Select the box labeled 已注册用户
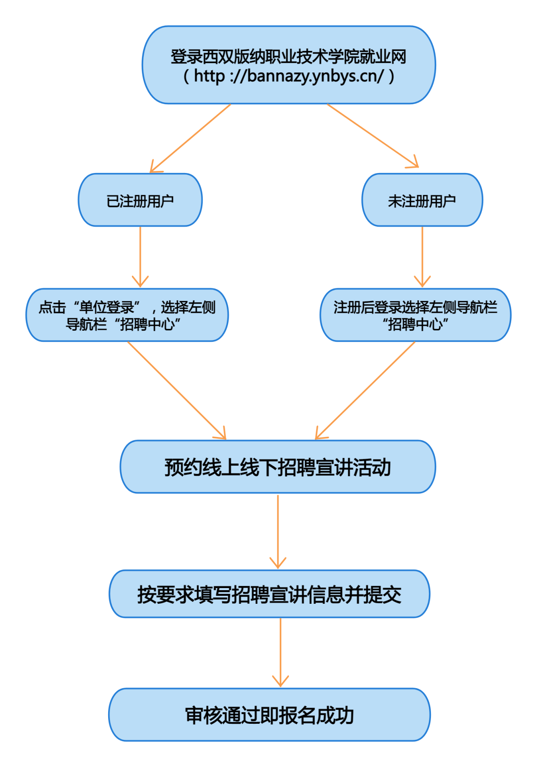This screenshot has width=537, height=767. pyautogui.click(x=140, y=200)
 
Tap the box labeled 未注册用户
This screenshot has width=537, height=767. pyautogui.click(x=422, y=200)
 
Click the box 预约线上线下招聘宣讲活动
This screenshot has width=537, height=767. pyautogui.click(x=278, y=467)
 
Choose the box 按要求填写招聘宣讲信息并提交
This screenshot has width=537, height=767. pyautogui.click(x=270, y=594)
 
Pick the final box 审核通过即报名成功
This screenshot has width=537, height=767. pyautogui.click(x=270, y=715)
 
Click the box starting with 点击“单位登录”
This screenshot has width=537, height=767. pyautogui.click(x=127, y=315)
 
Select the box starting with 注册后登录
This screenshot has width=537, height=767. pyautogui.click(x=415, y=315)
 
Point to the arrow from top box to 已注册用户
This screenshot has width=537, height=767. pyautogui.click(x=191, y=138)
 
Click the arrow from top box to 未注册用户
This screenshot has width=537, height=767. pyautogui.click(x=372, y=136)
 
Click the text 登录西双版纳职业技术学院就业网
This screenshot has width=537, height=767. pyautogui.click(x=288, y=56)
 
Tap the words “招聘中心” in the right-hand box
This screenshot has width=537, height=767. pyautogui.click(x=415, y=324)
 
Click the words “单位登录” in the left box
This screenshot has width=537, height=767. pyautogui.click(x=106, y=307)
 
